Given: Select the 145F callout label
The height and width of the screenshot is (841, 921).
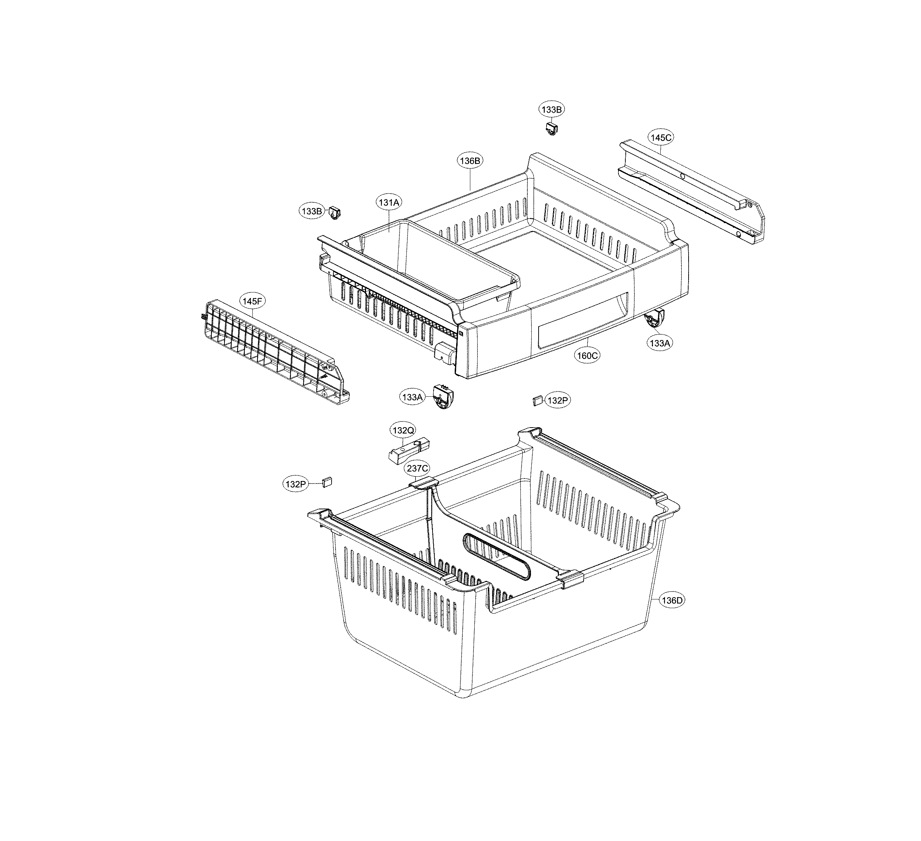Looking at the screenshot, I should tap(253, 301).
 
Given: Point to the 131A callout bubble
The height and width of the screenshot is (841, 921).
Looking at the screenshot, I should tap(389, 202).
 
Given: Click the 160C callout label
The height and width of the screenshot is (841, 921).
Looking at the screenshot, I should tap(587, 355).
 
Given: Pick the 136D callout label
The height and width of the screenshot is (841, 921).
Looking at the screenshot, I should tap(672, 601).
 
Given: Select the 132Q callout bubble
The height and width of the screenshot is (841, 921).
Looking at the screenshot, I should tap(403, 430).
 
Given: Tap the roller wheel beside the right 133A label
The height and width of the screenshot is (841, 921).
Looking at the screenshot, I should tap(654, 319).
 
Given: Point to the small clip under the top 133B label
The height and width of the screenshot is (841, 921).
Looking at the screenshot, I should tap(552, 129).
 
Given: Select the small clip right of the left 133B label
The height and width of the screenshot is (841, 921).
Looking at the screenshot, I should tap(336, 213).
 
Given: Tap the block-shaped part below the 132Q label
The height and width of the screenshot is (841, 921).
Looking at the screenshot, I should tap(409, 450).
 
